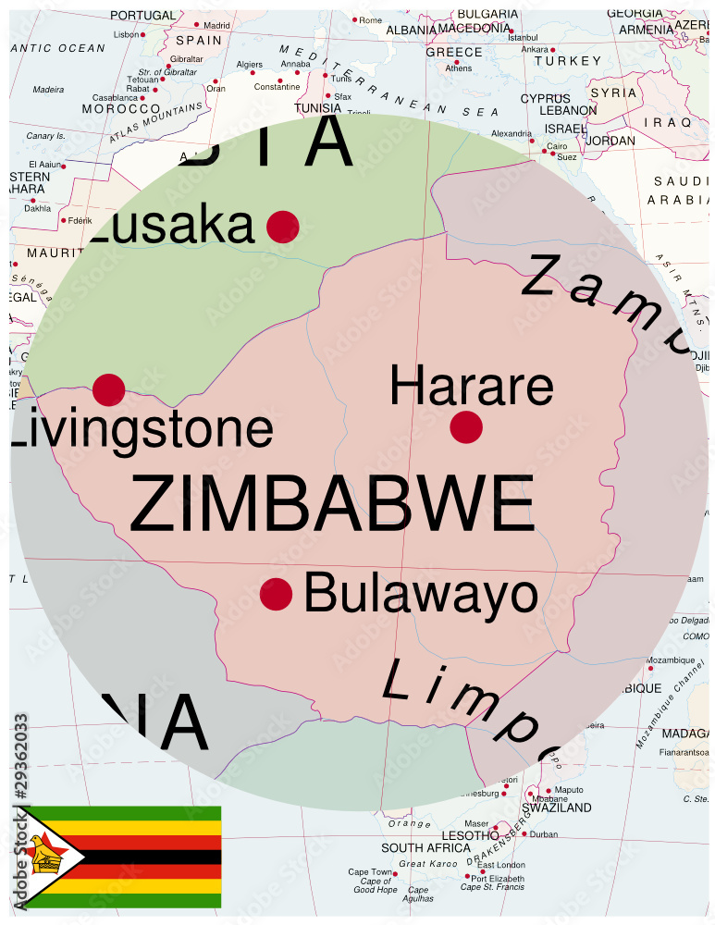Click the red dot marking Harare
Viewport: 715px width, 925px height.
[x=466, y=426]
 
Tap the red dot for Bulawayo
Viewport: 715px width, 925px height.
[x=277, y=594]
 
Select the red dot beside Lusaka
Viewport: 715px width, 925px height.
[x=283, y=227]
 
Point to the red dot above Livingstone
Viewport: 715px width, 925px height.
[x=109, y=389]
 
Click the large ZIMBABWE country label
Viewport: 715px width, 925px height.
[x=332, y=504]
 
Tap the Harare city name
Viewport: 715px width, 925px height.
[x=471, y=386]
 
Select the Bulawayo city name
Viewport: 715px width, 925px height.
[x=421, y=594]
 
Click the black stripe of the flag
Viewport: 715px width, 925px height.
[x=148, y=857]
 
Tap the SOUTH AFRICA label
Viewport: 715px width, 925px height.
[x=426, y=848]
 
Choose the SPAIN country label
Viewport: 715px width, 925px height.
[x=199, y=41]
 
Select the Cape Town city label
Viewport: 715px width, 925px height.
[x=370, y=872]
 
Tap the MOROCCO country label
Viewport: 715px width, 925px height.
[x=121, y=108]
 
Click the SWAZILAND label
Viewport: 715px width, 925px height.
[x=557, y=808]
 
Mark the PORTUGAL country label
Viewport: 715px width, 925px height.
[x=142, y=15]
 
